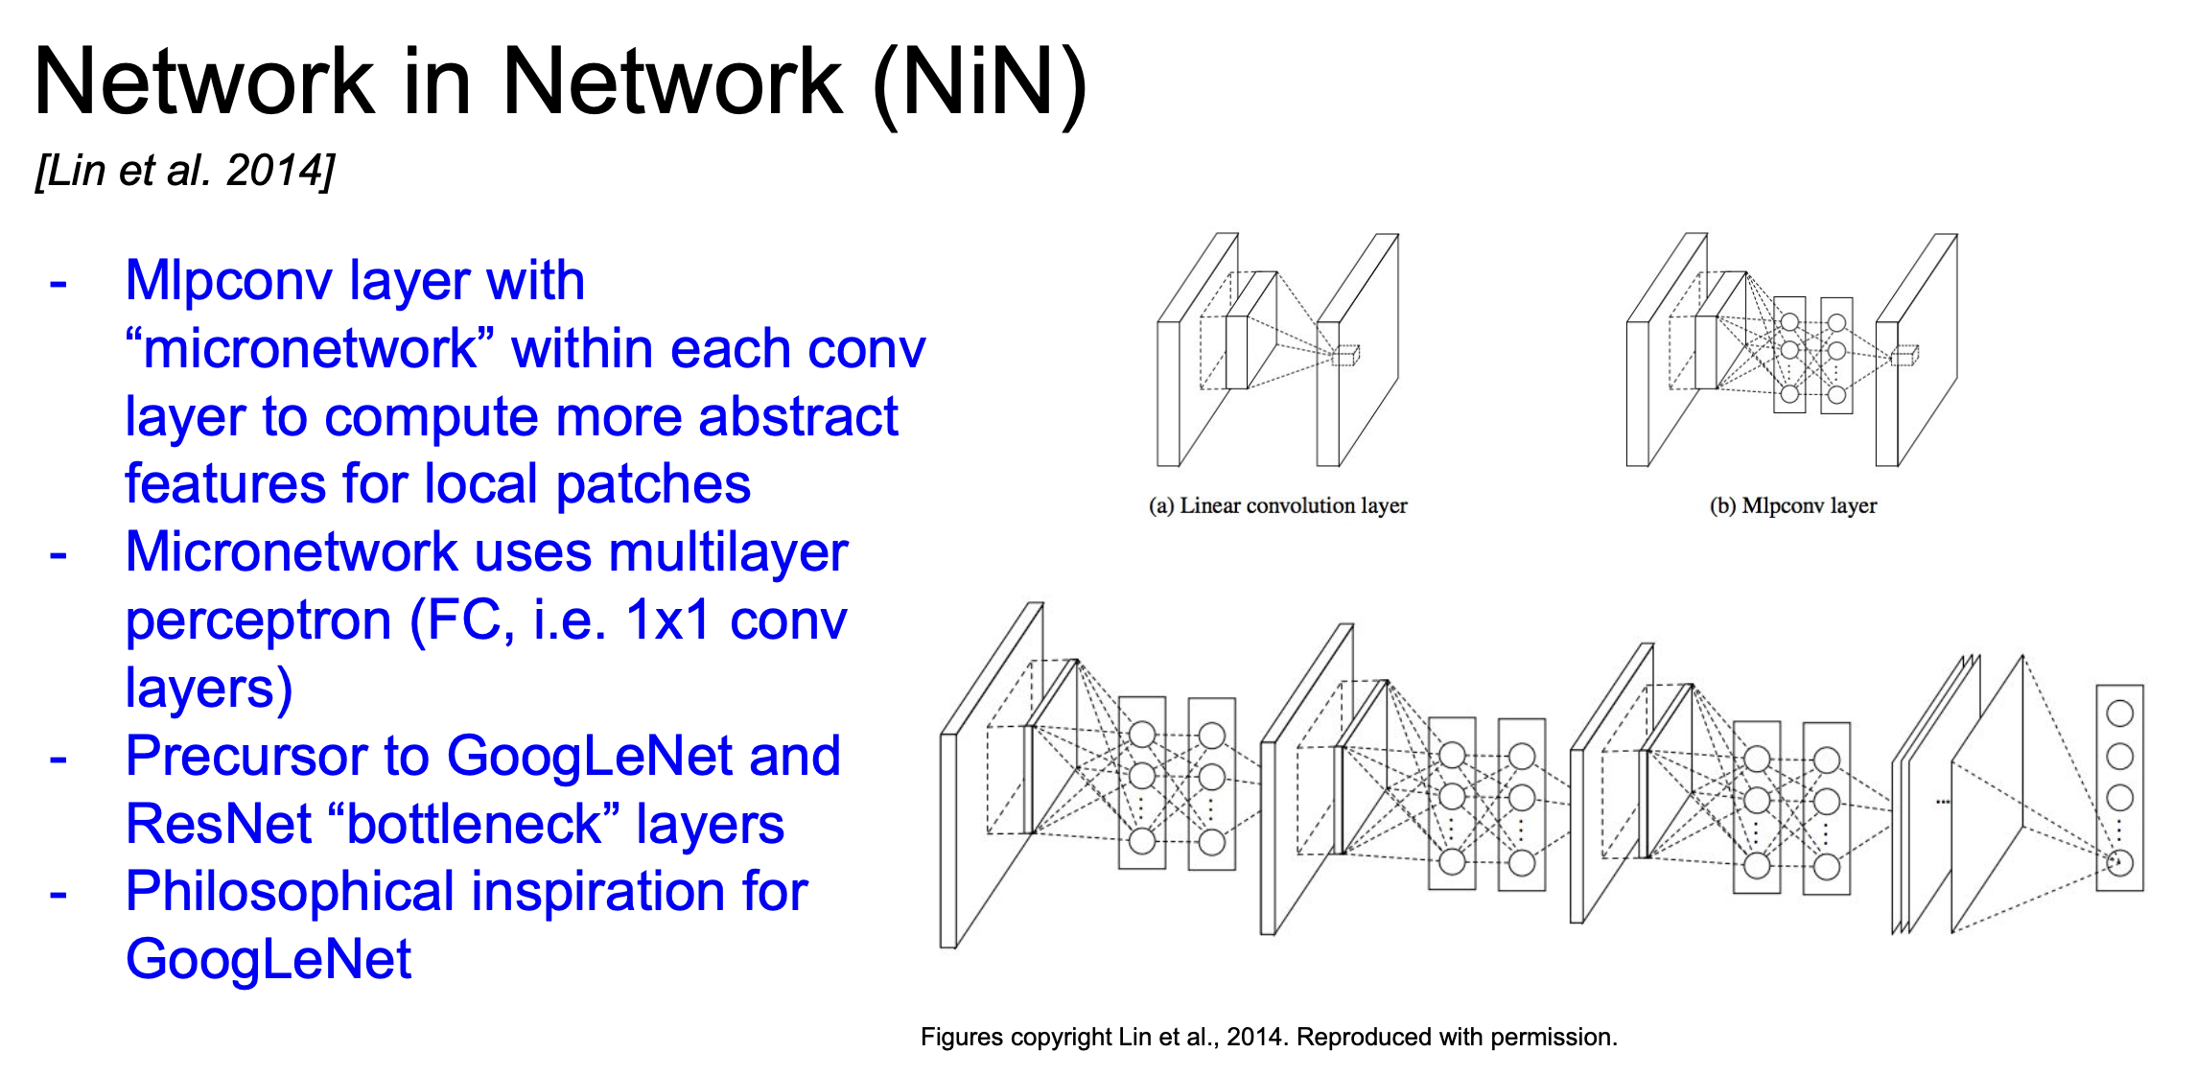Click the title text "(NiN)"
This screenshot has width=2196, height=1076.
[x=980, y=84]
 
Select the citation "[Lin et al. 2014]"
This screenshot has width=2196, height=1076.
[x=185, y=171]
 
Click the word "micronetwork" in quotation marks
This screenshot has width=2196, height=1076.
[x=310, y=349]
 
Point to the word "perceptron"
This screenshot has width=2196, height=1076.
[x=258, y=621]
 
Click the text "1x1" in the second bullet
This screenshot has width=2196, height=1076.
[x=667, y=620]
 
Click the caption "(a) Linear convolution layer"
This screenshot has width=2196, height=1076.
[x=1277, y=505]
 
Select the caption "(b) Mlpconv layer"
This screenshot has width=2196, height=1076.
[x=1792, y=505]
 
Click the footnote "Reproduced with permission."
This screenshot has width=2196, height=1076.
[x=1457, y=1037]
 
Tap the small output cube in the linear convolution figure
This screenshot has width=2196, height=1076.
[x=1346, y=355]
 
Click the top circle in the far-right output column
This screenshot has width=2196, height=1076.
[x=2119, y=713]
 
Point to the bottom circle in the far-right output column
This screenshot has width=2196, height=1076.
[x=2119, y=863]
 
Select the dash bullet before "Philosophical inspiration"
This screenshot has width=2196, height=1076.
[x=58, y=894]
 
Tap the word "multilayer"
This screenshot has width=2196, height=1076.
[x=728, y=553]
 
